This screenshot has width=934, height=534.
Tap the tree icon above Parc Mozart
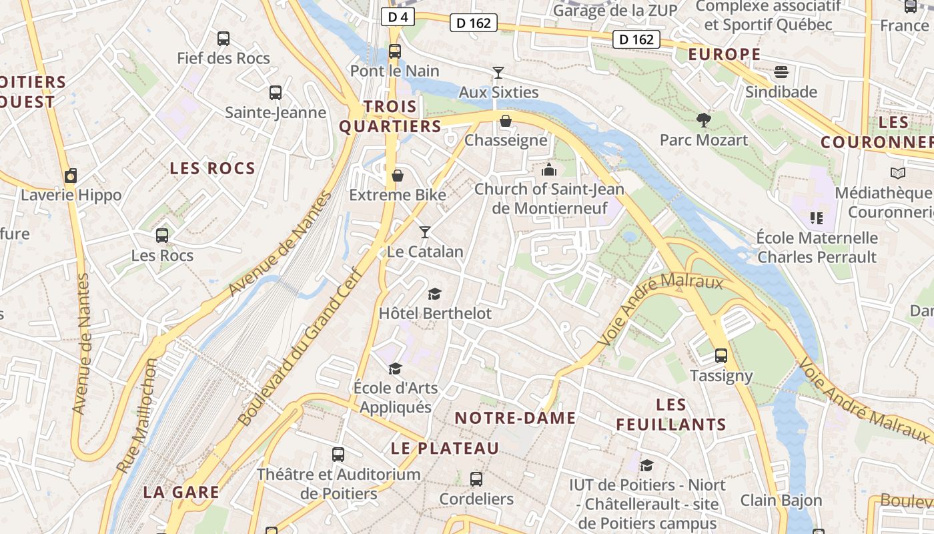pos(703,120)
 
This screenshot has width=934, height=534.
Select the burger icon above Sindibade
pos(781,72)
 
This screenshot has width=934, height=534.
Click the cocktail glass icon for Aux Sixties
pos(498,72)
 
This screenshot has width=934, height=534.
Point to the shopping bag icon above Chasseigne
pos(506,121)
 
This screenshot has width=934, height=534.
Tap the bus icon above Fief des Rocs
pos(223,39)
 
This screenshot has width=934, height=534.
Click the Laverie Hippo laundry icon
pos(71,176)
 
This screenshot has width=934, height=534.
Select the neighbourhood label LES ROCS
pos(212,168)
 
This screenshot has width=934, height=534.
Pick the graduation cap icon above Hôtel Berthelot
pos(434,294)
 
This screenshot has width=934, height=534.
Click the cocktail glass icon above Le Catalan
pos(424,232)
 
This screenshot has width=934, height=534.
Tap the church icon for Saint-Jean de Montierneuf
pos(549,170)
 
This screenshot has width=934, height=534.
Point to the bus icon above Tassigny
pos(721,356)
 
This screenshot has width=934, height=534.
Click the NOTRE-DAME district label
pos(515,419)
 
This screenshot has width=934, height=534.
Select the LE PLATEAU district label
pos(445,449)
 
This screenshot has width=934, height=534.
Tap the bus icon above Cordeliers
pos(476,479)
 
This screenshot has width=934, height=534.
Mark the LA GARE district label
pos(181,493)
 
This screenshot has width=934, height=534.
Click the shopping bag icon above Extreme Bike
pos(398,176)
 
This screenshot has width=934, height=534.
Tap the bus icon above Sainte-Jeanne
pos(275,93)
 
